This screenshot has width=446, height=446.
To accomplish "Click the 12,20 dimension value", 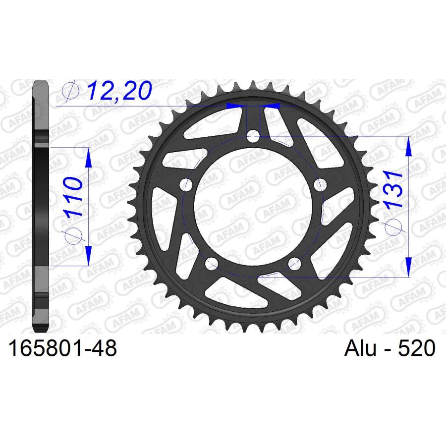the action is click(119, 91).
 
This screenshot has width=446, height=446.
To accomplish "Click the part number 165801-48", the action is click(62, 348).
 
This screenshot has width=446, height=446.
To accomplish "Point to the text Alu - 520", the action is click(390, 348).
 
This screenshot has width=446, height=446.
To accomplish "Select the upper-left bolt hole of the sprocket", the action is click(186, 185).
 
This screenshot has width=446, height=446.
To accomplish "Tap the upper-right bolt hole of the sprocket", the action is click(320, 185).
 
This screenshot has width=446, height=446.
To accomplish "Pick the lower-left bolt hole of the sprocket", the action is click(212, 264).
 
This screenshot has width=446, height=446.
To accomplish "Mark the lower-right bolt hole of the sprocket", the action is click(294, 264).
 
